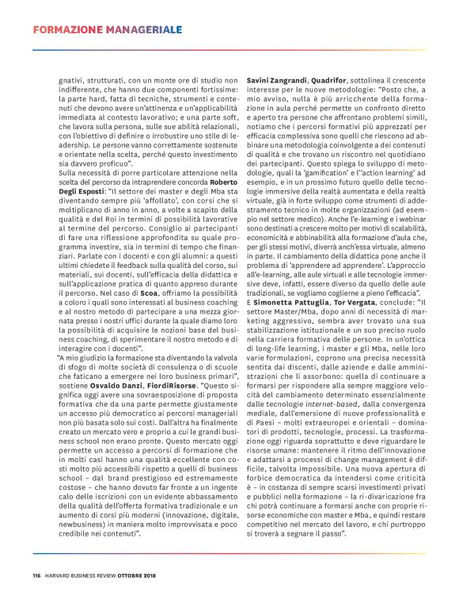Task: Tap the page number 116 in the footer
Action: [36, 575]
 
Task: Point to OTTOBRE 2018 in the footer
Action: [141, 575]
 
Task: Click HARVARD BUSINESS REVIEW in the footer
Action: [82, 575]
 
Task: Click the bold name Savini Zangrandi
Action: [275, 79]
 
